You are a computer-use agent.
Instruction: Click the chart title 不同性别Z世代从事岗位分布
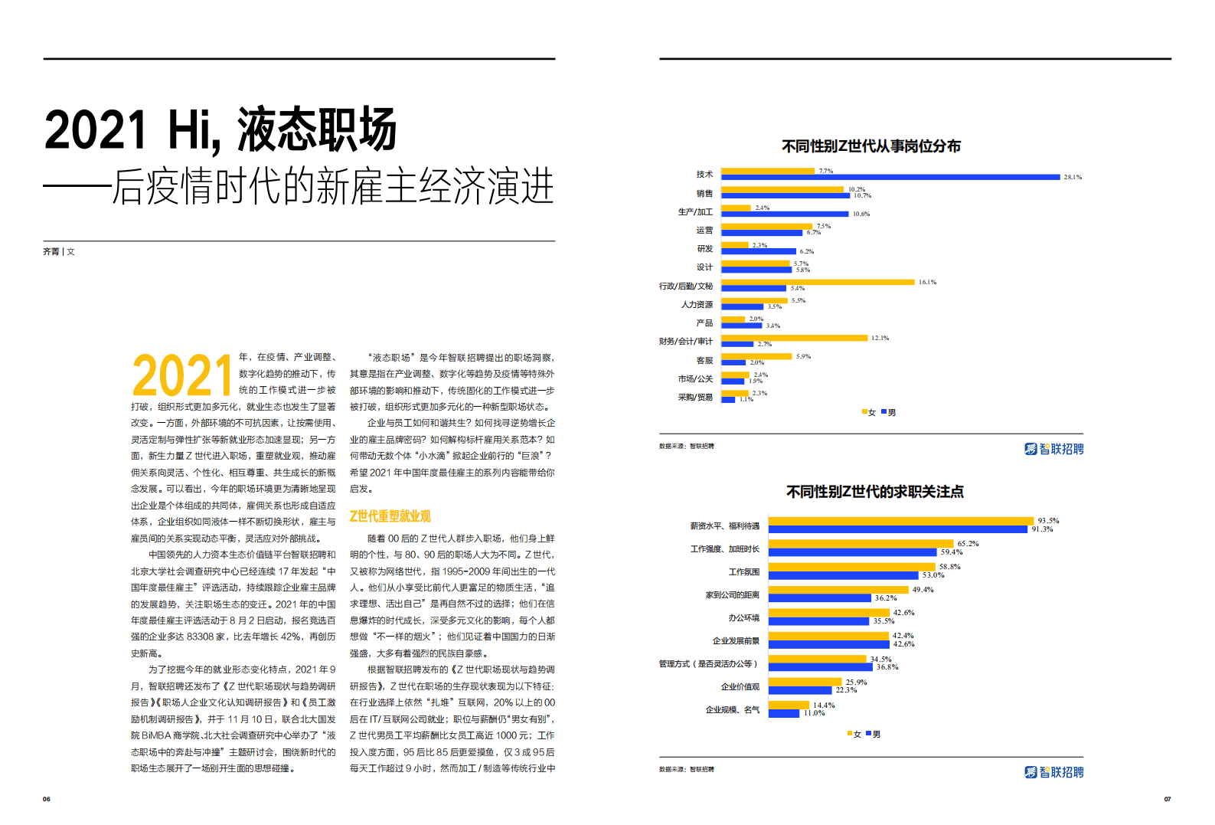click(870, 146)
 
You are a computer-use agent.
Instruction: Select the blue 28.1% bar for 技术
click(890, 177)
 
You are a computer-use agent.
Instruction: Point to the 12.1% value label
click(880, 338)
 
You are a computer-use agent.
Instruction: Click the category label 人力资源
click(697, 305)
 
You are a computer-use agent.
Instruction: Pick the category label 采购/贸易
click(695, 398)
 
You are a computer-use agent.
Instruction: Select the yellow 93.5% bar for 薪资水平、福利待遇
click(900, 521)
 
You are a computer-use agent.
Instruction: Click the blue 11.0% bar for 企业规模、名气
click(783, 713)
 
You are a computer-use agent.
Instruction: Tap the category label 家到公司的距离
click(732, 595)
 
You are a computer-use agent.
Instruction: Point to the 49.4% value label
click(923, 590)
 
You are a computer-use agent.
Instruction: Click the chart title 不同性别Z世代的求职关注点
click(874, 492)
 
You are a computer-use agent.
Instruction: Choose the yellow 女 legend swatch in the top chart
click(864, 412)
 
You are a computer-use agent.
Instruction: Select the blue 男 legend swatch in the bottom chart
click(869, 734)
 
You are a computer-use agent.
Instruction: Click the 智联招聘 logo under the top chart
click(1053, 449)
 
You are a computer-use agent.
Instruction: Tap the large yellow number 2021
click(182, 376)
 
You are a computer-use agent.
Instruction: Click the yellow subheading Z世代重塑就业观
click(390, 516)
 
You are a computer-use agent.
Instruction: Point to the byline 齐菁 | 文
click(59, 251)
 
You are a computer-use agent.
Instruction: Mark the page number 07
click(1167, 799)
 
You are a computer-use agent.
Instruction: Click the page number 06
click(47, 799)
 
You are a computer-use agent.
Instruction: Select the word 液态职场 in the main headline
click(317, 130)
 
